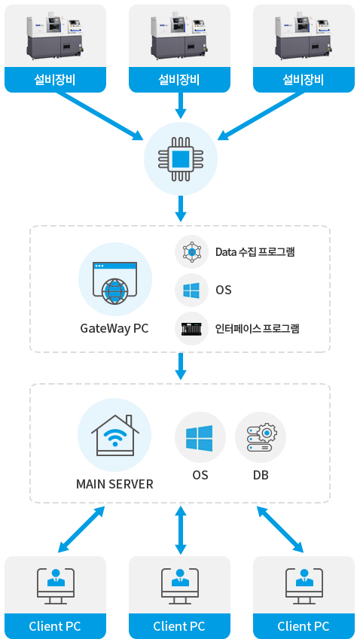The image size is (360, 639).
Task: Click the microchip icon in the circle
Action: [x=180, y=159]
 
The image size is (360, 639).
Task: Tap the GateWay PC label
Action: [x=114, y=328]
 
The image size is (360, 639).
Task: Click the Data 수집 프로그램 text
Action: [x=255, y=252]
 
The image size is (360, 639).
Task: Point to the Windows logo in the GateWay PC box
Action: [x=191, y=291]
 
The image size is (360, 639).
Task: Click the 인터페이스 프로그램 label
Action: [x=258, y=328]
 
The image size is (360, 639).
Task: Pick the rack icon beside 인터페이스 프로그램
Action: [x=191, y=328]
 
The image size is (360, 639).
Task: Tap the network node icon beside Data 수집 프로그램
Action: [x=191, y=252]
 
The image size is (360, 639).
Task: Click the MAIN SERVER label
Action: [x=114, y=484]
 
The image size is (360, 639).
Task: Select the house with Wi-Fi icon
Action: [x=114, y=435]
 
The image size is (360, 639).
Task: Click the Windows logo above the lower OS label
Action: [x=200, y=438]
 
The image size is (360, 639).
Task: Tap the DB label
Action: [x=261, y=475]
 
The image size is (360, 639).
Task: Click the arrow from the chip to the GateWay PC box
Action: [x=181, y=208]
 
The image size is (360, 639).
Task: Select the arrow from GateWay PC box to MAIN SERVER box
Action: [x=181, y=366]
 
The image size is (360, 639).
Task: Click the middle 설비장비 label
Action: [x=179, y=80]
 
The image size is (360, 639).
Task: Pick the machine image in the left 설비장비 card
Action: [x=56, y=36]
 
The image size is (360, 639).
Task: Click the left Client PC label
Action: [x=55, y=626]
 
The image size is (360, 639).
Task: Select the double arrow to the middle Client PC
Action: [x=181, y=530]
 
